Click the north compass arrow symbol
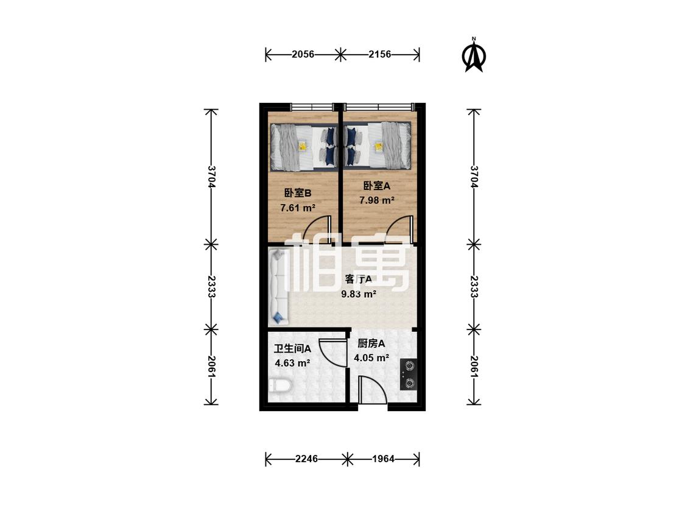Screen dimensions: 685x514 [x=474, y=55]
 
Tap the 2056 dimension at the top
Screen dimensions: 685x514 [x=303, y=54]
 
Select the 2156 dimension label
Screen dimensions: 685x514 [x=379, y=54]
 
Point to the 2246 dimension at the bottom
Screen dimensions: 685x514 [x=307, y=459]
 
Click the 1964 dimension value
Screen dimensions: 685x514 [x=383, y=459]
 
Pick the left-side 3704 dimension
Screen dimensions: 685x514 [x=212, y=176]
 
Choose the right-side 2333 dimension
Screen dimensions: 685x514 [x=474, y=286]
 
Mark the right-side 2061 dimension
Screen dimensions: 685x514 [x=474, y=366]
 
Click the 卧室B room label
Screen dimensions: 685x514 [x=298, y=192]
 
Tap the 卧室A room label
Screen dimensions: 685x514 [x=376, y=186]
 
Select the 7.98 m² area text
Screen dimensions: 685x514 [x=376, y=200]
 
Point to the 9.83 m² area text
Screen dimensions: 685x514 [x=359, y=294]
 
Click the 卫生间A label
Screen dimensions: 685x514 [x=292, y=349]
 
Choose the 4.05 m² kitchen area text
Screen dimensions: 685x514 [x=371, y=358]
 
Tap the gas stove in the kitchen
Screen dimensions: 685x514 [x=409, y=375]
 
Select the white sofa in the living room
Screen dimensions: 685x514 [x=278, y=287]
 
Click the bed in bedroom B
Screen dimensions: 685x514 [x=304, y=146]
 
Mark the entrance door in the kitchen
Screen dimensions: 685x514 [x=371, y=390]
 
